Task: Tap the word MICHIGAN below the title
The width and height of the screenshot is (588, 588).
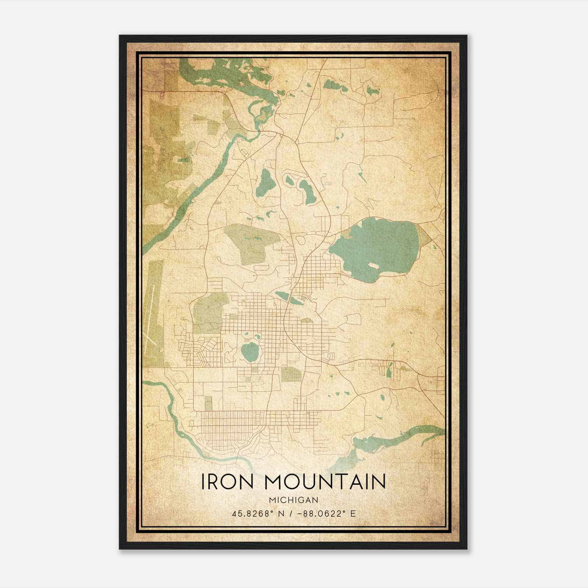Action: tap(294, 500)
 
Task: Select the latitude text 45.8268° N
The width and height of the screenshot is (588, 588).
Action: tap(257, 514)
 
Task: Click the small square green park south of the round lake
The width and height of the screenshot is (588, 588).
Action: tap(291, 374)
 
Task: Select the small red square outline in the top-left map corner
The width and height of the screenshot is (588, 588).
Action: tap(162, 95)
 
